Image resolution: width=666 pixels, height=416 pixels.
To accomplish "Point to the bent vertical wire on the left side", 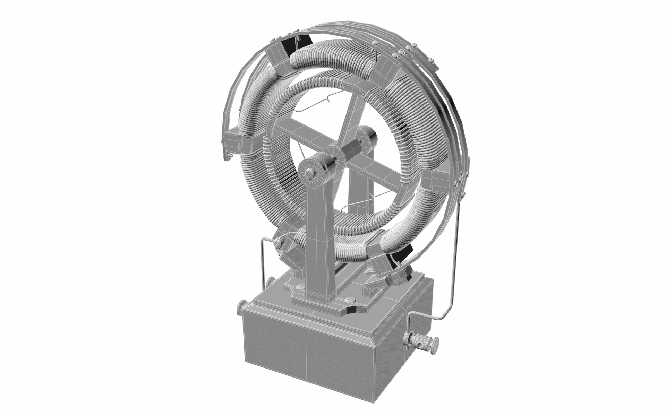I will pyautogui.click(x=262, y=263).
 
